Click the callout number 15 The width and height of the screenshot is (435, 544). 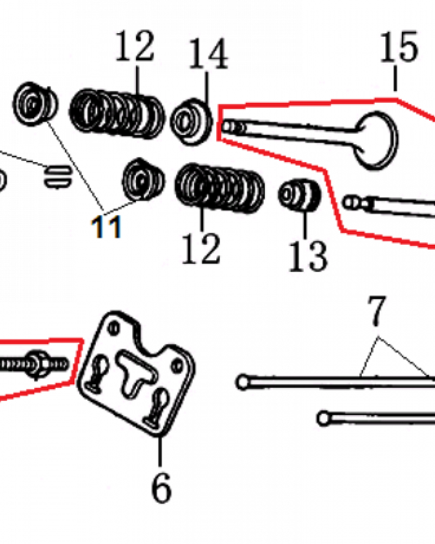pyautogui.click(x=399, y=47)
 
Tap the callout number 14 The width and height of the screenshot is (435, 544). pyautogui.click(x=208, y=53)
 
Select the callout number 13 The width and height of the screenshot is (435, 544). pyautogui.click(x=308, y=256)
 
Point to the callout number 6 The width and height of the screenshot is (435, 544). pyautogui.click(x=161, y=487)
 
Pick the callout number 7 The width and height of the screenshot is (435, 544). pyautogui.click(x=377, y=311)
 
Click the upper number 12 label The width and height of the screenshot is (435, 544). pyautogui.click(x=135, y=46)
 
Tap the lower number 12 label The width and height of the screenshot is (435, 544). pyautogui.click(x=201, y=248)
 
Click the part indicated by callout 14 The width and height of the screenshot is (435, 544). pyautogui.click(x=191, y=121)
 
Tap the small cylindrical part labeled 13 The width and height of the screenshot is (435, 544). pyautogui.click(x=300, y=195)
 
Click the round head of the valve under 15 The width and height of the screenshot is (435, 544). pyautogui.click(x=376, y=140)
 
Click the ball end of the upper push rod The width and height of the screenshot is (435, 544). pyautogui.click(x=243, y=382)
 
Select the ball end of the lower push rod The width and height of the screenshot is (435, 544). pyautogui.click(x=324, y=418)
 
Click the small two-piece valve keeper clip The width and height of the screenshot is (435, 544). pyautogui.click(x=58, y=177)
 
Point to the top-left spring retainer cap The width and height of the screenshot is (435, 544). pyautogui.click(x=35, y=104)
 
